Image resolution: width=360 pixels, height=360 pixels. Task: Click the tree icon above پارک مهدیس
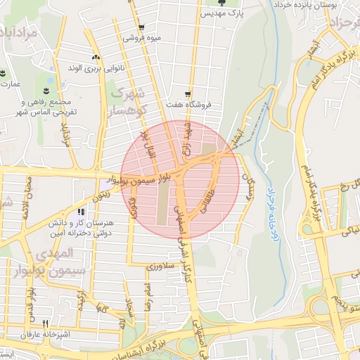pyautogui.click(x=222, y=2)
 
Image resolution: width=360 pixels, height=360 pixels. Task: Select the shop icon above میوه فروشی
pyautogui.click(x=141, y=28)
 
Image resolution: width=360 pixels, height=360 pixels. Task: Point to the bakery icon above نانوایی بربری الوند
pyautogui.click(x=96, y=57)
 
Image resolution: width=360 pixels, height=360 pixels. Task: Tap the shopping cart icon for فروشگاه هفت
pyautogui.click(x=188, y=94)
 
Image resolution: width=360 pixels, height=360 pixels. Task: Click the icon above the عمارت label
pyautogui.click(x=2, y=73)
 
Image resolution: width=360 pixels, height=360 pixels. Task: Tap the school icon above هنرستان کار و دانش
pyautogui.click(x=82, y=212)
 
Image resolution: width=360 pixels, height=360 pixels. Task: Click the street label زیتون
pyautogui.click(x=103, y=193)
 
